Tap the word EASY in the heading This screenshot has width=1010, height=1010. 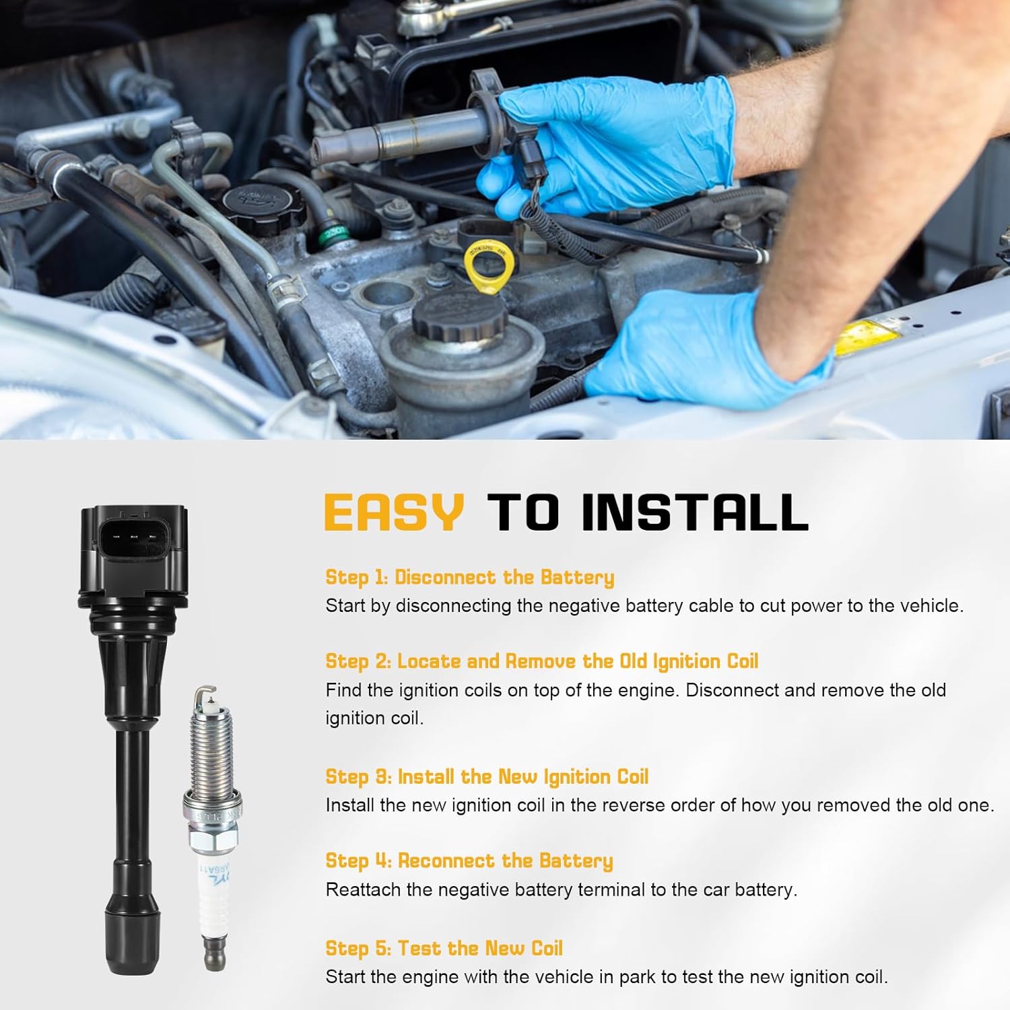pyautogui.click(x=394, y=513)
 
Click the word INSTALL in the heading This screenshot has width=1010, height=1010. pyautogui.click(x=694, y=513)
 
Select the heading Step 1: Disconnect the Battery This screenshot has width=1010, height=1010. pyautogui.click(x=469, y=577)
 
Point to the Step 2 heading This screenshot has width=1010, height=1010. pyautogui.click(x=541, y=661)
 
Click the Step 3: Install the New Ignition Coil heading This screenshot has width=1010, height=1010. pyautogui.click(x=486, y=776)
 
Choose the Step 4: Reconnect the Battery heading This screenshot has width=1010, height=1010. pyautogui.click(x=469, y=861)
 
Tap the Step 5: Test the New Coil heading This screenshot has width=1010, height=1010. pyautogui.click(x=444, y=948)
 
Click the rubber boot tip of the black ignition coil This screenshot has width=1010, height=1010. pyautogui.click(x=133, y=939)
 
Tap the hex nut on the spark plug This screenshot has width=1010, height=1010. pyautogui.click(x=211, y=842)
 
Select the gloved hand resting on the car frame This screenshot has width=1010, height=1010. pyautogui.click(x=700, y=350)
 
